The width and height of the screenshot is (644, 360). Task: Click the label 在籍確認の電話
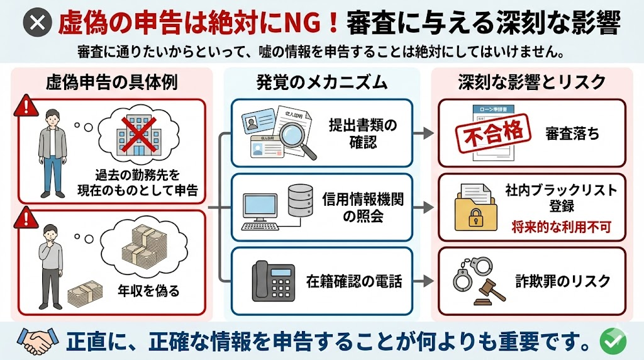point(354,281)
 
